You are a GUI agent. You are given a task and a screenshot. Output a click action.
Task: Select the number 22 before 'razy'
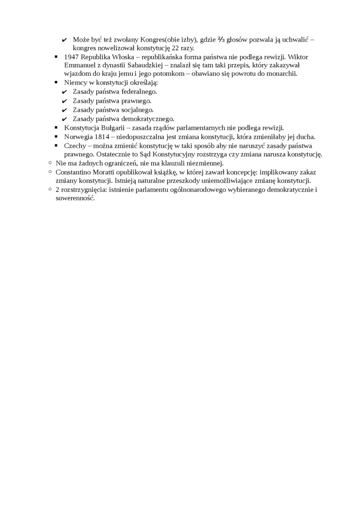tap(176, 48)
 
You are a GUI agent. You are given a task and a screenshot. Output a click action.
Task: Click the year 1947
tap(72, 56)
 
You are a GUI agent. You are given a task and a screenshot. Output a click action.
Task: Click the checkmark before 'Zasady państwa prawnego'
tap(64, 101)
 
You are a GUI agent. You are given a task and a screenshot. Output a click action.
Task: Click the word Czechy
tap(75, 146)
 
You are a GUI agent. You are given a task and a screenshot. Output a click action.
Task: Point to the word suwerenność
tap(75, 198)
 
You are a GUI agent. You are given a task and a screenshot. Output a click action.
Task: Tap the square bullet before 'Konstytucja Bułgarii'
tap(56, 128)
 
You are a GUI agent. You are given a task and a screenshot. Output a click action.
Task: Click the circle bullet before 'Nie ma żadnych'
tap(49, 163)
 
